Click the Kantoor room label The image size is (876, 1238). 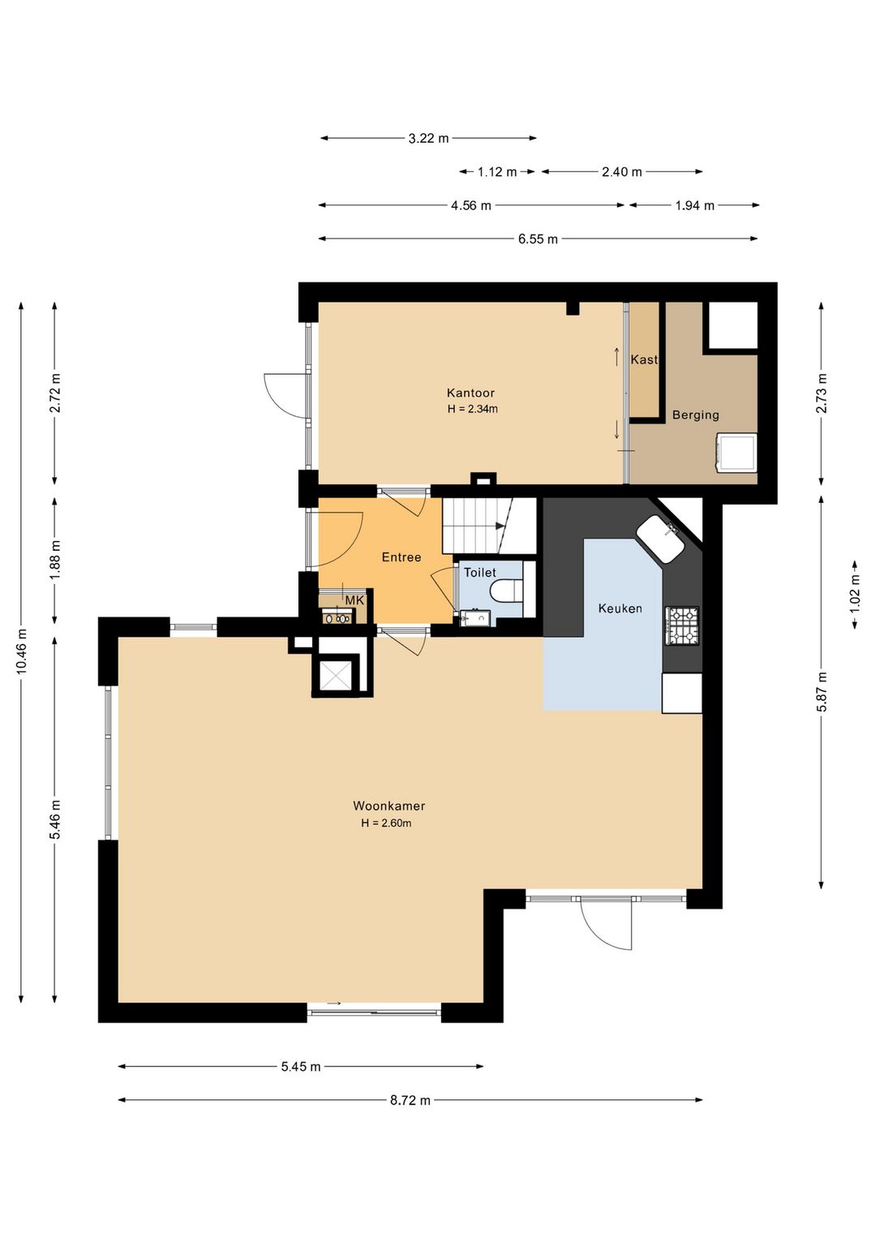(470, 393)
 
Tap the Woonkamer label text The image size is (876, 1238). (389, 806)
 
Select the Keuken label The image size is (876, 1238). (620, 608)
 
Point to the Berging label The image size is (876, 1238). (695, 415)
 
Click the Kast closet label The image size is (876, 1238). (644, 359)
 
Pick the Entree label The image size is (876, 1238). (401, 557)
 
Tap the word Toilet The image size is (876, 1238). (479, 573)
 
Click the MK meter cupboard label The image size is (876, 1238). (354, 600)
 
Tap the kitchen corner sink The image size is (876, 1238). (661, 539)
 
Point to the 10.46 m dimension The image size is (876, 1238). (21, 652)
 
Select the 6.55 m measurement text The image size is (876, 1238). (538, 239)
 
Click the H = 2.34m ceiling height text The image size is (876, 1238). (473, 410)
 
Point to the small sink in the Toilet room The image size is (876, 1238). (475, 617)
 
